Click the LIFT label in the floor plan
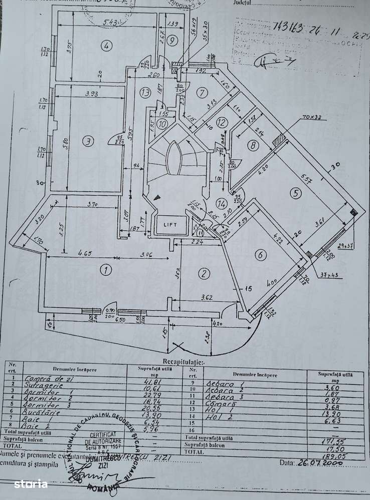pyautogui.click(x=171, y=224)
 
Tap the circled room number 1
pyautogui.click(x=105, y=271)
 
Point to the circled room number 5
pyautogui.click(x=296, y=192)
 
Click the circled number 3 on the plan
pyautogui.click(x=88, y=142)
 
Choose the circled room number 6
pyautogui.click(x=259, y=255)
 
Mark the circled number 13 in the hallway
pyautogui.click(x=145, y=93)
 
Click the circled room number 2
pyautogui.click(x=204, y=273)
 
